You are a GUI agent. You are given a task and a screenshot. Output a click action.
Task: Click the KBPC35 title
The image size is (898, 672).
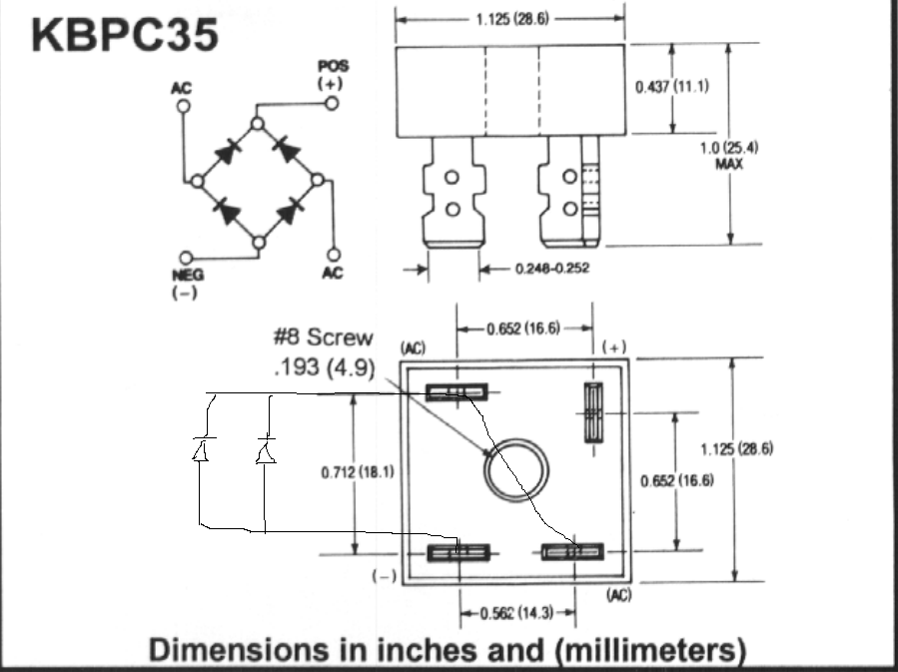click(x=125, y=36)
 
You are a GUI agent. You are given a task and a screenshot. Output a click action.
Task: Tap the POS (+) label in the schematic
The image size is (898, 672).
click(x=330, y=75)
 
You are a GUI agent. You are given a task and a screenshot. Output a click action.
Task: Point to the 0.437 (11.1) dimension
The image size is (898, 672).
click(x=671, y=86)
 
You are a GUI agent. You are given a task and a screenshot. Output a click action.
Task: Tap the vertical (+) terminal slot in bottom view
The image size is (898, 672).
click(x=591, y=411)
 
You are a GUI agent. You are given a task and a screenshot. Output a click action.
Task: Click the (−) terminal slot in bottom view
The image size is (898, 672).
click(x=456, y=550)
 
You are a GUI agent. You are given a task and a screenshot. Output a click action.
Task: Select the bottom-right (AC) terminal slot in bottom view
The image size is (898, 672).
click(x=572, y=550)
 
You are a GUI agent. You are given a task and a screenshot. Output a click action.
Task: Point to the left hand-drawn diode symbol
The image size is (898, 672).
click(x=199, y=450)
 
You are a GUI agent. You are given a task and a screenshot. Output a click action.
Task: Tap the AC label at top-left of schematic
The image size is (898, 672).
click(x=181, y=89)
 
